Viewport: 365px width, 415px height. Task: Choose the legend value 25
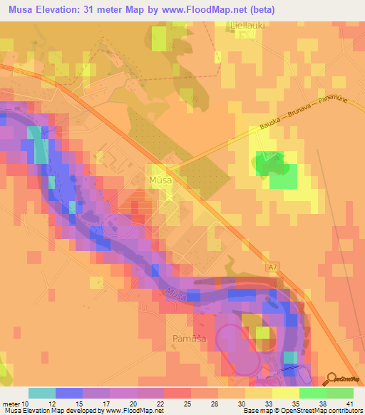click(x=186, y=403)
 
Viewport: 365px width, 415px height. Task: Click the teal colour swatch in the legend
click(x=42, y=393)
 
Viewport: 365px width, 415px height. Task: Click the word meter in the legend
click(x=10, y=403)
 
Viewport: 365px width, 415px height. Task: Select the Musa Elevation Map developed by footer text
click(x=50, y=411)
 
